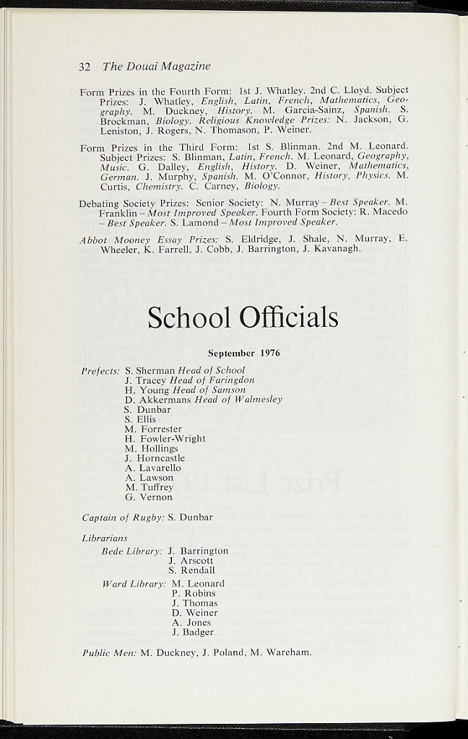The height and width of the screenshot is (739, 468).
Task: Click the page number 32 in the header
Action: coord(84,66)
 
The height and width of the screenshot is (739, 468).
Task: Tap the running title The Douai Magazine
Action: coord(157,66)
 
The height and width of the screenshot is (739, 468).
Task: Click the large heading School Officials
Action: coord(243,317)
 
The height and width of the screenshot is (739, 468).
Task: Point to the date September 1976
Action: coord(244,354)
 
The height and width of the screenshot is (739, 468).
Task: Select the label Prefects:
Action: coord(100,371)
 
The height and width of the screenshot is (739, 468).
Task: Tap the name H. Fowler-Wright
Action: coord(165,439)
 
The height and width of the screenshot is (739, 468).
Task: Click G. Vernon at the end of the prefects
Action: coord(149,497)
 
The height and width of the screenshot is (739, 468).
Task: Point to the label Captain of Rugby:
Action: coord(123,517)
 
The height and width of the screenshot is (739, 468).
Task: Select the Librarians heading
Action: coord(105,538)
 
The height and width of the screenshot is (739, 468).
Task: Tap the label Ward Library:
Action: coord(134,584)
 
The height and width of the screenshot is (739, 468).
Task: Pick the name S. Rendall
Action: coord(191,570)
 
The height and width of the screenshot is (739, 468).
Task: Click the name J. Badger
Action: coord(193,632)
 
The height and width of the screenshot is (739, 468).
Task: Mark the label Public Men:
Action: coord(109,652)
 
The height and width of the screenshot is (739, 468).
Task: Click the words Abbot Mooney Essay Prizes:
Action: coord(149,240)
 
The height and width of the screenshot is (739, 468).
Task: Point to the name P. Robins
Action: coord(194,593)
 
